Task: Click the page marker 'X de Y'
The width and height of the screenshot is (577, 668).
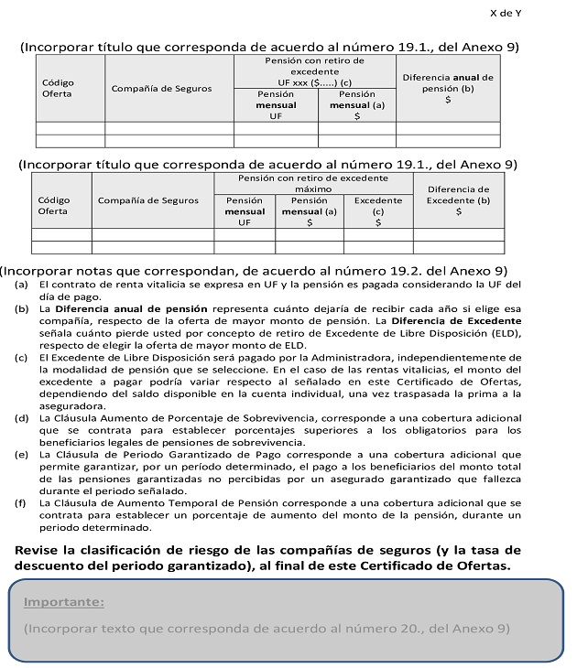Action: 506,13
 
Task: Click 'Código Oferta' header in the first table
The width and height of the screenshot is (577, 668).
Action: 58,88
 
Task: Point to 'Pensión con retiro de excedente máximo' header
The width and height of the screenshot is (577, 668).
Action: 312,182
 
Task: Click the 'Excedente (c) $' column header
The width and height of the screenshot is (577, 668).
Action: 377,210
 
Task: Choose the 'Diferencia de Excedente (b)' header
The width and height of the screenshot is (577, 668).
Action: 458,200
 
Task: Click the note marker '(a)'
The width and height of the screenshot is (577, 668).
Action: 20,285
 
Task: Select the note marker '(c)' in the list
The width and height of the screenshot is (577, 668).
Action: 20,358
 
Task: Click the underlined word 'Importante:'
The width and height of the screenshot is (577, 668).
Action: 64,602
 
